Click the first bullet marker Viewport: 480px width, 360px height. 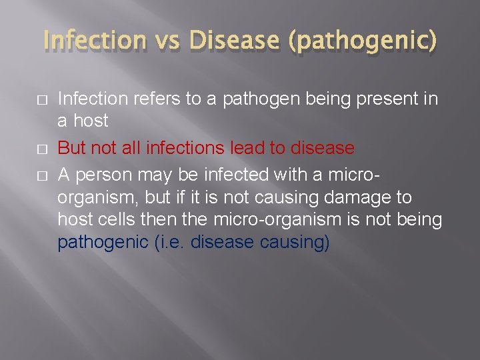(44, 100)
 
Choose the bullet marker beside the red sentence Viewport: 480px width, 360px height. (44, 147)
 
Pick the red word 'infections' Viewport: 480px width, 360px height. (195, 147)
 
